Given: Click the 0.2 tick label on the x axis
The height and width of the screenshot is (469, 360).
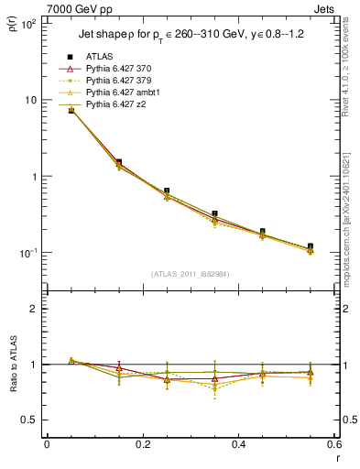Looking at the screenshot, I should coord(142,445).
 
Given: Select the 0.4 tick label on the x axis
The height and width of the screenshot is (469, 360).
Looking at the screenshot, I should coord(237,445).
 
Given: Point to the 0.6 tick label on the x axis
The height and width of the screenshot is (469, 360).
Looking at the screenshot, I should coord(332,445).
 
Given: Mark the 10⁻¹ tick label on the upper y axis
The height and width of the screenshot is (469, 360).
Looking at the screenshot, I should coord(28,252).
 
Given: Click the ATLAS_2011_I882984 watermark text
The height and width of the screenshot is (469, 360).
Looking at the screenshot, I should coord(190,274).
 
